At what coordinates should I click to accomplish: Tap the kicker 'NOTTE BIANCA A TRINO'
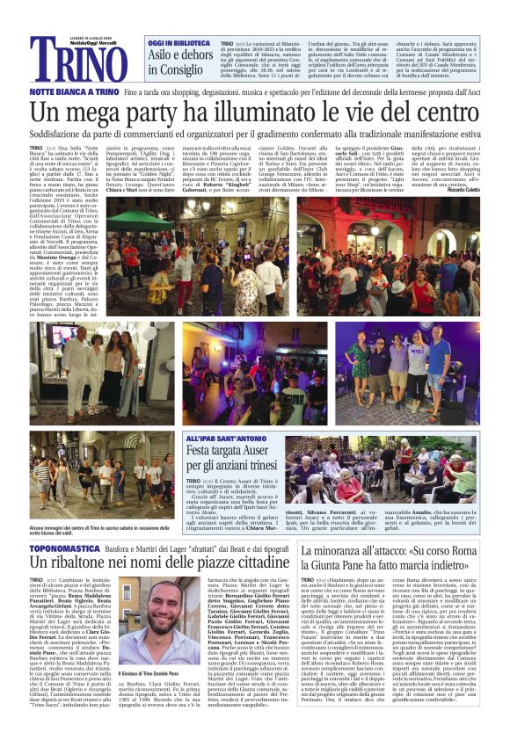[x=74, y=92]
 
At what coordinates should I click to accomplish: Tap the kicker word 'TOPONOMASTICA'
[x=68, y=525]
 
